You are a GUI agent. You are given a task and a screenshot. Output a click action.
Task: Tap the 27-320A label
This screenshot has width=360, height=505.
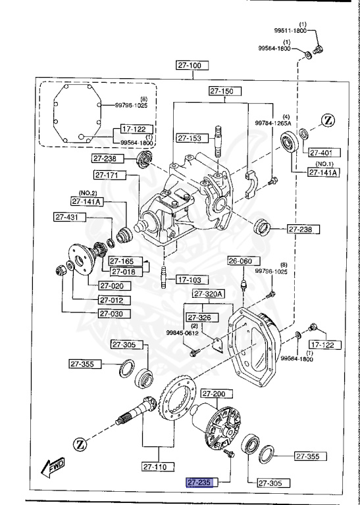[x=209, y=293]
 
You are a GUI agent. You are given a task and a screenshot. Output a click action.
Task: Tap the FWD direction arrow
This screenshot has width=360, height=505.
[x=52, y=468]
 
